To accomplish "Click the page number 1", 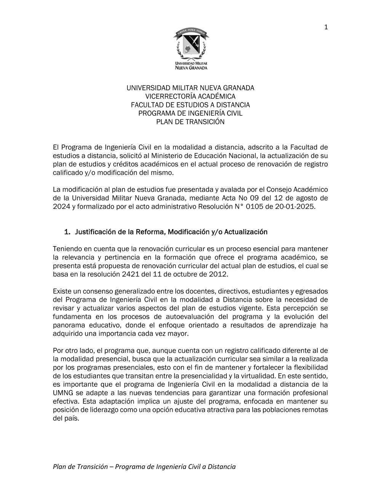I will pos(326,27).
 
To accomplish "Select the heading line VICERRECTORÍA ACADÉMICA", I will pos(190,96).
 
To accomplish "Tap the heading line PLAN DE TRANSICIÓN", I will pos(190,122).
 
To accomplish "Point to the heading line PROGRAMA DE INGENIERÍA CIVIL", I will pos(190,113).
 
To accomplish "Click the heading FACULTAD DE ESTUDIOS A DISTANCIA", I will pos(190,105).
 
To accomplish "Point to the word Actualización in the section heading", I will pos(246,232).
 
